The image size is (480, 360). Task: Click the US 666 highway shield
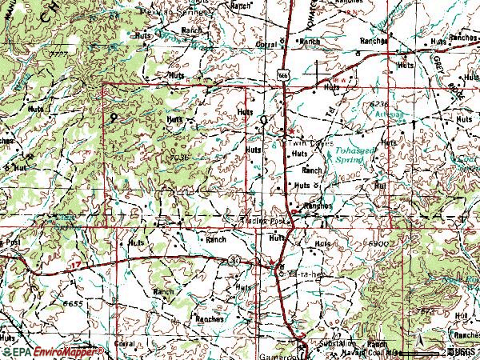pos(283,74)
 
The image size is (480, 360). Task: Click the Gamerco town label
pos(277,353)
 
